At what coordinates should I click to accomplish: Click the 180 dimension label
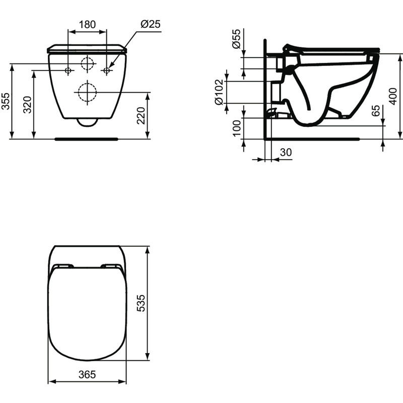[87, 24]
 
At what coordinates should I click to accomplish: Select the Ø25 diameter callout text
[150, 24]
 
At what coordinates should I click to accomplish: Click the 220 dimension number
[142, 116]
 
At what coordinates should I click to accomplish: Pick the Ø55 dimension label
[236, 39]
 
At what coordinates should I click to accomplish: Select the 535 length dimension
[141, 304]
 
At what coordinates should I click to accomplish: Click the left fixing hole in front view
[68, 71]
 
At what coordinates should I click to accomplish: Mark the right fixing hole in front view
[106, 71]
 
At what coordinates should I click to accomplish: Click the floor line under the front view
[87, 137]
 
